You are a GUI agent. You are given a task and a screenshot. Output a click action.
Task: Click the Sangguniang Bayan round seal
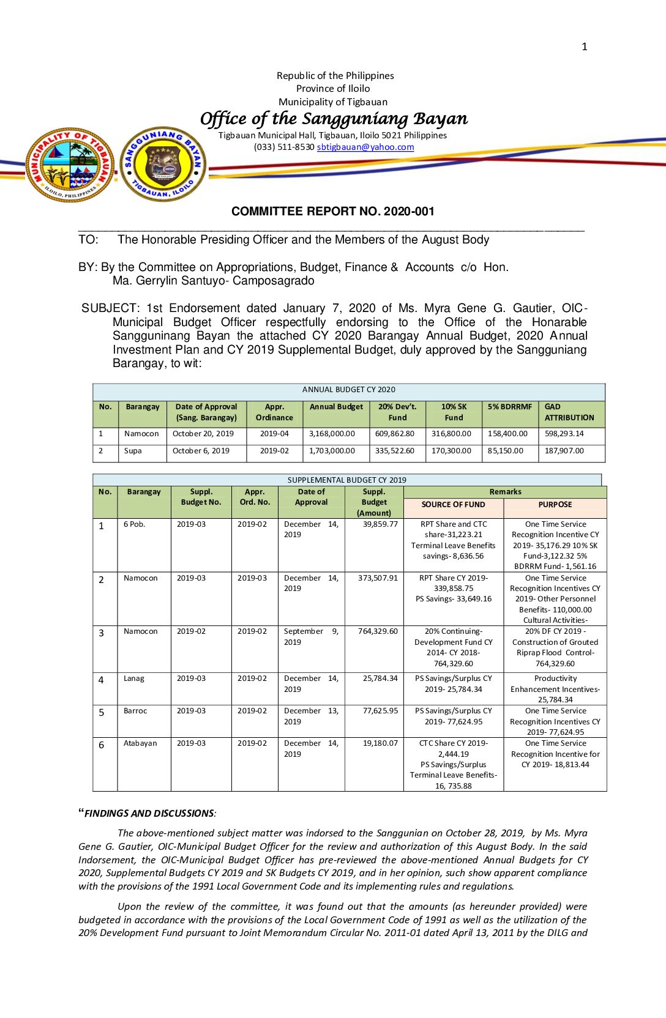[163, 165]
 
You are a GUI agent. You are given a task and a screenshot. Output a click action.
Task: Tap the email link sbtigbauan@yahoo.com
[365, 147]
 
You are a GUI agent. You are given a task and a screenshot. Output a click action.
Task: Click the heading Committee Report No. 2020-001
[333, 211]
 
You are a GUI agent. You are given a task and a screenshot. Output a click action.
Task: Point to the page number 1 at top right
[585, 46]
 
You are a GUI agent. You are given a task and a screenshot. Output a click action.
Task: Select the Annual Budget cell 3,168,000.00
[332, 434]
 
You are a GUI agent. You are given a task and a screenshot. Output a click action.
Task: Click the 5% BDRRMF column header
[510, 407]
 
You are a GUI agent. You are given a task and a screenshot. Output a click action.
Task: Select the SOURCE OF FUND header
[453, 505]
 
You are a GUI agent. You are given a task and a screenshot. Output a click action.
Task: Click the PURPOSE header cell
[555, 505]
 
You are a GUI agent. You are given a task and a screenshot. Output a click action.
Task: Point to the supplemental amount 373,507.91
[378, 578]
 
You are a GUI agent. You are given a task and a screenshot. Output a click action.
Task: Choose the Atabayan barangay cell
[140, 743]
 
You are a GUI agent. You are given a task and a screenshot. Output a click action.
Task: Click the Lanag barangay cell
[134, 678]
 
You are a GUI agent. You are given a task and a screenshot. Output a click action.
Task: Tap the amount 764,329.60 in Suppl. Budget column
[378, 631]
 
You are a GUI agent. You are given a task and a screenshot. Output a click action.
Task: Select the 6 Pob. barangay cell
[135, 524]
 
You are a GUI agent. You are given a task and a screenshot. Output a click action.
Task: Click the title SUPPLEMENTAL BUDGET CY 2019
[347, 480]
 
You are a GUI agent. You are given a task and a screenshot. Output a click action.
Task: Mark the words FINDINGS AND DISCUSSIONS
[149, 814]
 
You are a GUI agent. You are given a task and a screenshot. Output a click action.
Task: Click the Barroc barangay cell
[135, 711]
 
